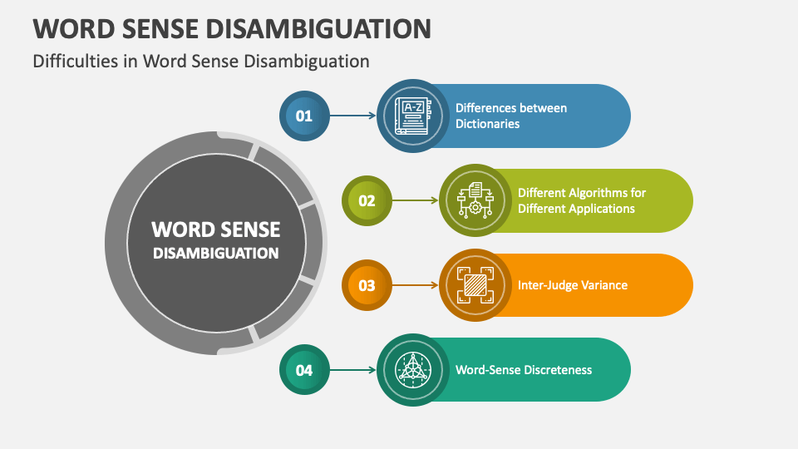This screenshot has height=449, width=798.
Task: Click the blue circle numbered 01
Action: (x=304, y=116)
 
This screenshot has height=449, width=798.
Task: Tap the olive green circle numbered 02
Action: (x=367, y=200)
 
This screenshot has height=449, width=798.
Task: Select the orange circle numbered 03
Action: (x=367, y=285)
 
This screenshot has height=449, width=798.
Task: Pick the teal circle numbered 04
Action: (x=304, y=370)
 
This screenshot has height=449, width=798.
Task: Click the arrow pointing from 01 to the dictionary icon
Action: (x=353, y=116)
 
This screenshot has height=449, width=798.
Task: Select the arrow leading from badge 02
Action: (x=415, y=200)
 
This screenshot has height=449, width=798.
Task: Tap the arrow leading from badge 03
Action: (x=415, y=285)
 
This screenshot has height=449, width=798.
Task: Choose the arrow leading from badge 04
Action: (x=353, y=370)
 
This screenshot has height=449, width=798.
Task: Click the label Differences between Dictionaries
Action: (x=510, y=116)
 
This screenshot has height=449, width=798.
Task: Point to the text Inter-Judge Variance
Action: (x=572, y=285)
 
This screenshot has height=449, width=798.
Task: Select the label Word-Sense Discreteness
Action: (x=524, y=370)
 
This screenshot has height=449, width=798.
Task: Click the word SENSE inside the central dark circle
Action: (x=246, y=229)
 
